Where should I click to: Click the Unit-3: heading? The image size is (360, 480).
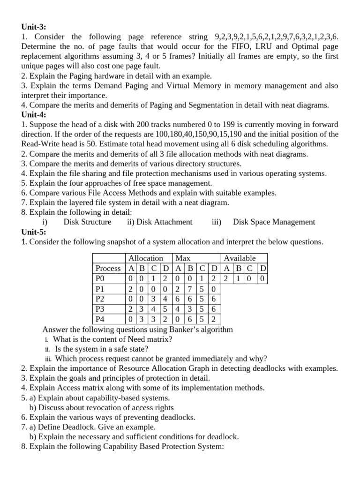34,27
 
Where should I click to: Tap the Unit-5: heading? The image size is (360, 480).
34,232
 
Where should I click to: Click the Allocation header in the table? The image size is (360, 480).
145,258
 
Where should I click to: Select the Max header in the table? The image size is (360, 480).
183,258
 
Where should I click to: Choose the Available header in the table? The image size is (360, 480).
240,258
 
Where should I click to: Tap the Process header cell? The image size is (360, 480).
108,268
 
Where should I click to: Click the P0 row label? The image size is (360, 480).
101,278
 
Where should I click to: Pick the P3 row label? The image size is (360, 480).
101,309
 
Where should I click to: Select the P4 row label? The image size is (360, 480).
101,319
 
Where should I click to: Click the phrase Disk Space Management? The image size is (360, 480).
274,222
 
